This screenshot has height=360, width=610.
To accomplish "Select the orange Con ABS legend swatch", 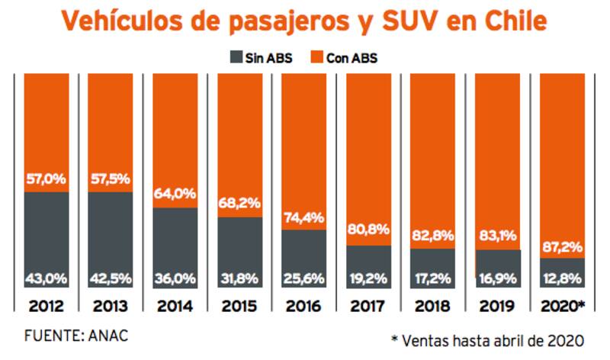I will click(316, 56).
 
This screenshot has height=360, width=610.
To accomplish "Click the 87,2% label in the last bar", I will click(563, 246).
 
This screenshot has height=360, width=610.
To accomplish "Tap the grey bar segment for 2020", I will click(563, 271).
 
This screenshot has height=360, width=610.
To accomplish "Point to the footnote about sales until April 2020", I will click(489, 339).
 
